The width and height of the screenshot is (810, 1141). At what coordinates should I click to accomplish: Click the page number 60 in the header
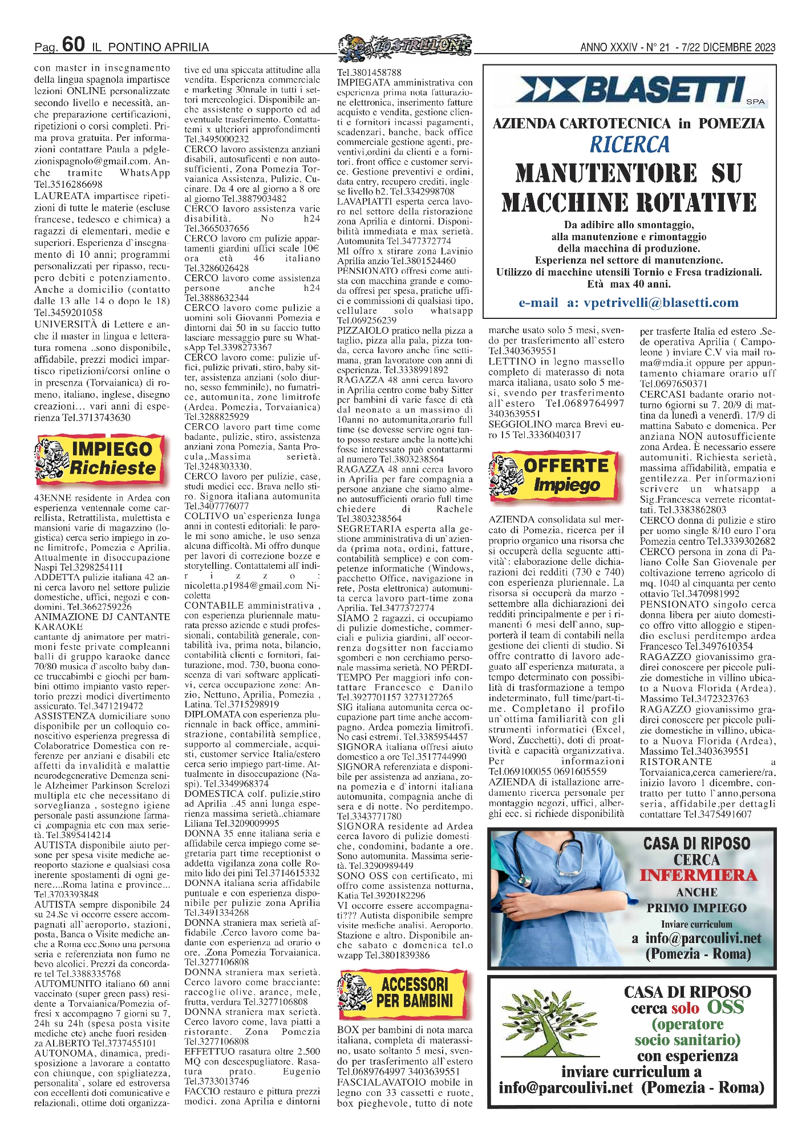click(74, 44)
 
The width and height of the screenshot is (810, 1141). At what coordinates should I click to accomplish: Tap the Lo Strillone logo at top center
click(405, 47)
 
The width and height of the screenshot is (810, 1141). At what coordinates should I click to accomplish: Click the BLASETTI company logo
click(630, 91)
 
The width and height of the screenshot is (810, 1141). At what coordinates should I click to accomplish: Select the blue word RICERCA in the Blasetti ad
click(629, 145)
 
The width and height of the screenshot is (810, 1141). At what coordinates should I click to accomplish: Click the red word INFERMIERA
click(698, 876)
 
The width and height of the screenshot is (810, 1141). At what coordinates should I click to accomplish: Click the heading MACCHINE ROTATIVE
click(629, 203)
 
